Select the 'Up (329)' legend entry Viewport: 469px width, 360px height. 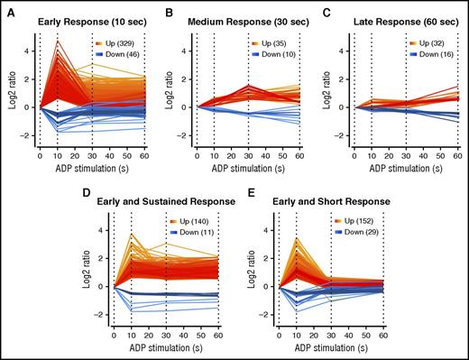114,42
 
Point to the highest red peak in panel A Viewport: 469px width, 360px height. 58,41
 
